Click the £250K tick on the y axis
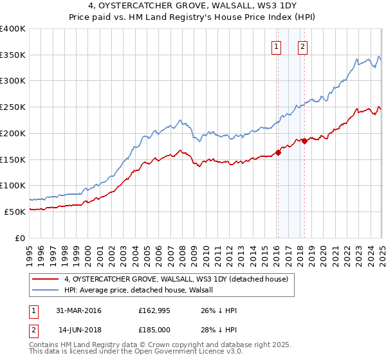tap(13, 107)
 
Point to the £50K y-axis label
tap(15, 212)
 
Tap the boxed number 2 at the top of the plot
tap(302, 46)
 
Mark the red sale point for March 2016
tap(278, 152)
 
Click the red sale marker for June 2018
tap(304, 141)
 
